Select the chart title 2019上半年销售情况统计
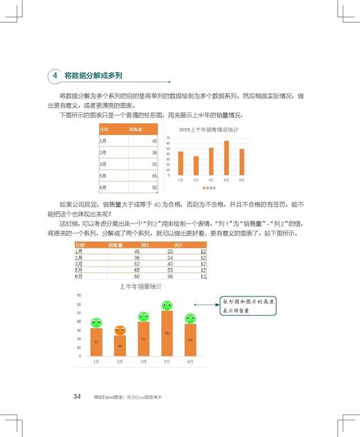click(x=208, y=130)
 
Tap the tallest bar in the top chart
click(x=226, y=158)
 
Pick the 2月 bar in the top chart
click(x=196, y=166)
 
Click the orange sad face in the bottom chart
click(x=120, y=330)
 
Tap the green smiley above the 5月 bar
click(x=167, y=305)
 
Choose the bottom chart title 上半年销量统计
click(x=140, y=285)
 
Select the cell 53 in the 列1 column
click(x=170, y=269)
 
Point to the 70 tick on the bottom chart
click(x=79, y=295)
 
